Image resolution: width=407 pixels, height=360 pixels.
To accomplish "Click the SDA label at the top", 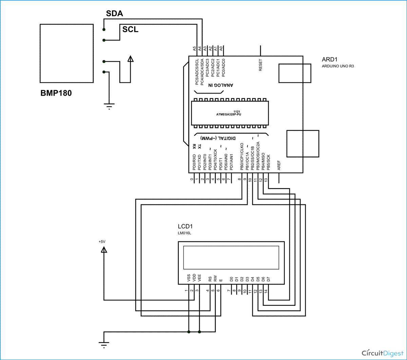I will (x=114, y=14).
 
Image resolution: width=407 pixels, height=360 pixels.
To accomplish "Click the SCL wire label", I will (x=130, y=29).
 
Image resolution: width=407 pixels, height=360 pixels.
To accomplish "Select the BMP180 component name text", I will (x=56, y=93).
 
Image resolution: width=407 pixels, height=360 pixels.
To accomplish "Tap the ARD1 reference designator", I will (x=329, y=59).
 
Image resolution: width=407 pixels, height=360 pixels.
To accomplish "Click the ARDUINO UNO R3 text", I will (x=338, y=66).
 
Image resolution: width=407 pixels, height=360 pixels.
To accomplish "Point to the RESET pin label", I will (x=260, y=65).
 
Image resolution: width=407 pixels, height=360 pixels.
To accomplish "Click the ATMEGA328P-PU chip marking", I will (x=229, y=115).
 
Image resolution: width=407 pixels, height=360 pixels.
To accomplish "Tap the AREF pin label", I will (x=279, y=165).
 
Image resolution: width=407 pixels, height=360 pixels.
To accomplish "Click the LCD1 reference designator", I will (x=185, y=226).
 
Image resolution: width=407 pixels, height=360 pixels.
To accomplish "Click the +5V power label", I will (x=102, y=242).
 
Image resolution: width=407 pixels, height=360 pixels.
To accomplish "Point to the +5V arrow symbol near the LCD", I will (x=104, y=250).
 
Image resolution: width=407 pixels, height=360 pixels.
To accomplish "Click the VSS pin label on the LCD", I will (x=189, y=279).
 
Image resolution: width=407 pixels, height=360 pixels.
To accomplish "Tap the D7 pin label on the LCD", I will (x=268, y=279).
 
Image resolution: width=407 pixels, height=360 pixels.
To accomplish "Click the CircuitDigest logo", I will (x=381, y=353).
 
